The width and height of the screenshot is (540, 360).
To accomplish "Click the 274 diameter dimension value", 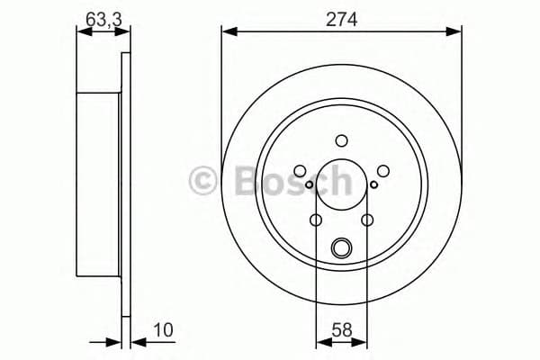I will click(342, 18).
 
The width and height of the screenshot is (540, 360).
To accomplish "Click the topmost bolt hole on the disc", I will click(341, 139).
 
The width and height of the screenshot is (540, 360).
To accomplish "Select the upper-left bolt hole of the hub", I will click(300, 171).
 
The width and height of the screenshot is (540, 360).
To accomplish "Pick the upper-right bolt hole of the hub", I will click(382, 171).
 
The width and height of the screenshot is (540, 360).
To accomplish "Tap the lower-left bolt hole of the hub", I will click(316, 220).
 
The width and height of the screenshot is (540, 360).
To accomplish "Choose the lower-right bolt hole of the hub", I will click(366, 220).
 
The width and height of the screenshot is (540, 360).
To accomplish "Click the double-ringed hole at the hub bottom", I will click(341, 247).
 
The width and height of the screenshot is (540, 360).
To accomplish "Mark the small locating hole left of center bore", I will click(309, 186).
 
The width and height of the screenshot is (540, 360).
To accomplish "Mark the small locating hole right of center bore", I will click(373, 186).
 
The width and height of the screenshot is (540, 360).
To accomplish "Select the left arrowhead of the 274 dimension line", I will click(227, 32).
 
